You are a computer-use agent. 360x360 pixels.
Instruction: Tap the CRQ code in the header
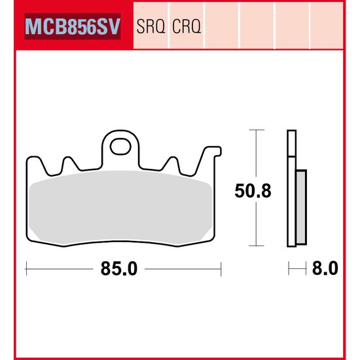pos(187,27)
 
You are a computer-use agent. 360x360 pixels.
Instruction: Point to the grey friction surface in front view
pos(121,206)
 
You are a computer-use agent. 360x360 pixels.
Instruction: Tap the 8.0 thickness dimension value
pos(326,269)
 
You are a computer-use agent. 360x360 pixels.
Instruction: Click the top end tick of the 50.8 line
pos(256,131)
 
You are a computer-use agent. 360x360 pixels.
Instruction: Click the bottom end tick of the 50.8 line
pos(256,247)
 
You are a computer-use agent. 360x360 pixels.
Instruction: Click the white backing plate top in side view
pos(291,144)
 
